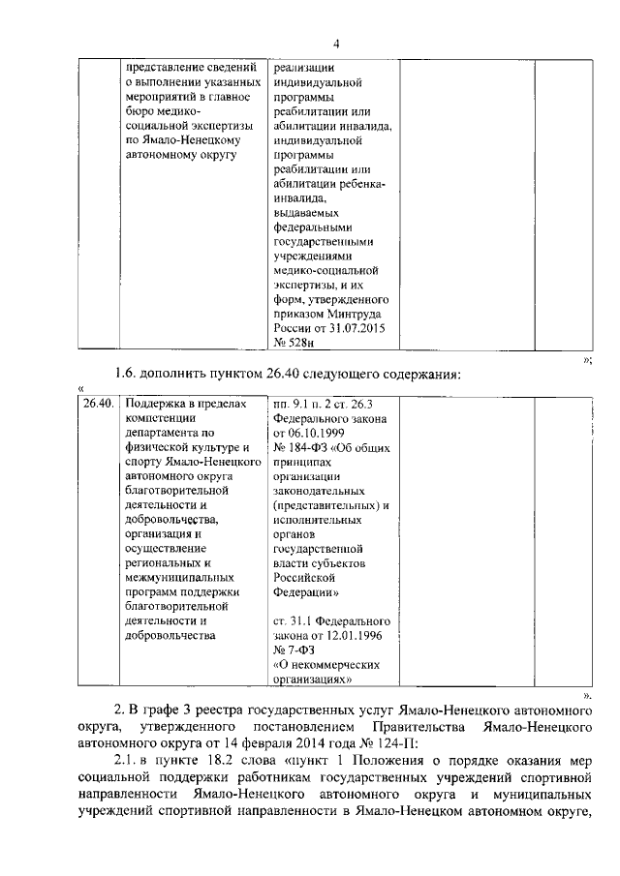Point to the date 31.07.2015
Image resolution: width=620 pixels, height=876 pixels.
[360, 328]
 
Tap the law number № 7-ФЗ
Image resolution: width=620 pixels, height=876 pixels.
[294, 649]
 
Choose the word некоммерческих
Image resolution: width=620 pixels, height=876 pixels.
[335, 664]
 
